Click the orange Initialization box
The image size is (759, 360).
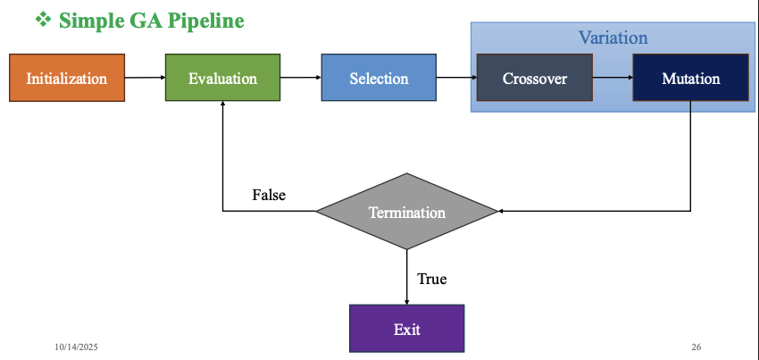click(67, 78)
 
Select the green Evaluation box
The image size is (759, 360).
click(222, 78)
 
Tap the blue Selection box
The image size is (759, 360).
click(379, 78)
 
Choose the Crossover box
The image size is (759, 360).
click(534, 78)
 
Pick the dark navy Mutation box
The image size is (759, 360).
click(690, 78)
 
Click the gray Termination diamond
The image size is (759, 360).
click(406, 212)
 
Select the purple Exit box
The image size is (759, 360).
click(406, 328)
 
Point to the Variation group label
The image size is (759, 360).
click(613, 38)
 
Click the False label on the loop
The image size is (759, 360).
click(269, 195)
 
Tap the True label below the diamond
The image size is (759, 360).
click(431, 279)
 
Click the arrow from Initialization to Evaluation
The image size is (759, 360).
click(145, 78)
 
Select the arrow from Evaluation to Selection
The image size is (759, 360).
click(300, 78)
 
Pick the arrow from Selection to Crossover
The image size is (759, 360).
click(456, 78)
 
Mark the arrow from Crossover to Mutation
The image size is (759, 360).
click(612, 78)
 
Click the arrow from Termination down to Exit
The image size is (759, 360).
click(406, 277)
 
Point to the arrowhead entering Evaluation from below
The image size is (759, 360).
click(222, 105)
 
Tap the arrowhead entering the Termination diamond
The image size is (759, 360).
click(501, 212)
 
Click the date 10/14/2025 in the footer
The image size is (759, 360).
click(75, 346)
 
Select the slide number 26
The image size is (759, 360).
click(696, 346)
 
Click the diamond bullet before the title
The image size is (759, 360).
click(43, 19)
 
